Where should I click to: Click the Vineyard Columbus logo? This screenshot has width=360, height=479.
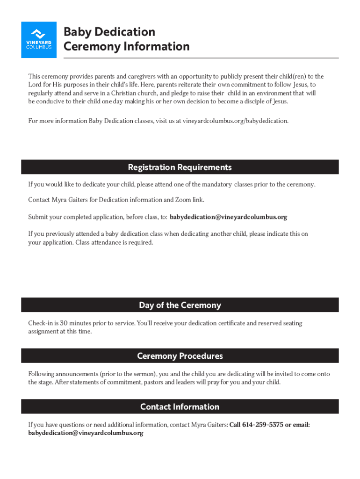pyautogui.click(x=39, y=40)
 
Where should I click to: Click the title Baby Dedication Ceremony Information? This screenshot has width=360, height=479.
pyautogui.click(x=126, y=39)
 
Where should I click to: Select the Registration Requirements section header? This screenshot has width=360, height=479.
pyautogui.click(x=180, y=167)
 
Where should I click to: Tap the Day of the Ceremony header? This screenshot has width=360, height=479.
pyautogui.click(x=180, y=305)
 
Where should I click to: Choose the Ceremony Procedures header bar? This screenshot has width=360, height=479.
pyautogui.click(x=180, y=356)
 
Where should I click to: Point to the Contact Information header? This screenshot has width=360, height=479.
pyautogui.click(x=180, y=407)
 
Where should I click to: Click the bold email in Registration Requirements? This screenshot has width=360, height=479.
pyautogui.click(x=228, y=217)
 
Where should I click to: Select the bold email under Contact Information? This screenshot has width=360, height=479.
pyautogui.click(x=86, y=433)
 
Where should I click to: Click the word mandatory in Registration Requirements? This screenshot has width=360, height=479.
pyautogui.click(x=217, y=184)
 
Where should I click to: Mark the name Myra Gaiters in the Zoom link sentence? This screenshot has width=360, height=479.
pyautogui.click(x=69, y=200)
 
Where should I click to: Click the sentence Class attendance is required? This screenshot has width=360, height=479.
pyautogui.click(x=114, y=243)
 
